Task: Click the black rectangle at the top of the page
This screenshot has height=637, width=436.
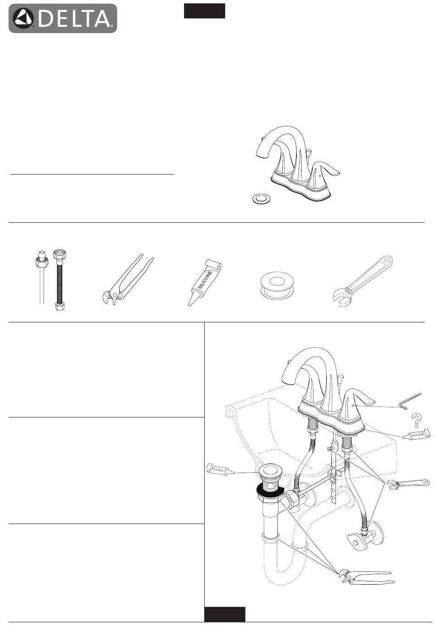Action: click(204, 11)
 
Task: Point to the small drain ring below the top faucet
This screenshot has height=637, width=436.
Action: click(261, 198)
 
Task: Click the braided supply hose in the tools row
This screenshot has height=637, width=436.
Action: click(59, 280)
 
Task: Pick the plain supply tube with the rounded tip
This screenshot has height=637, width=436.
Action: click(42, 277)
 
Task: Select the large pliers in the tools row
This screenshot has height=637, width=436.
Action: click(127, 280)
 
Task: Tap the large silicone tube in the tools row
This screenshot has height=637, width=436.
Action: click(204, 283)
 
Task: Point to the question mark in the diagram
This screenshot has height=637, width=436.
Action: click(416, 421)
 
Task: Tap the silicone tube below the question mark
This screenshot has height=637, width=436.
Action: click(416, 435)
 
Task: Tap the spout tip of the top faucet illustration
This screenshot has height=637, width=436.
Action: click(261, 155)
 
